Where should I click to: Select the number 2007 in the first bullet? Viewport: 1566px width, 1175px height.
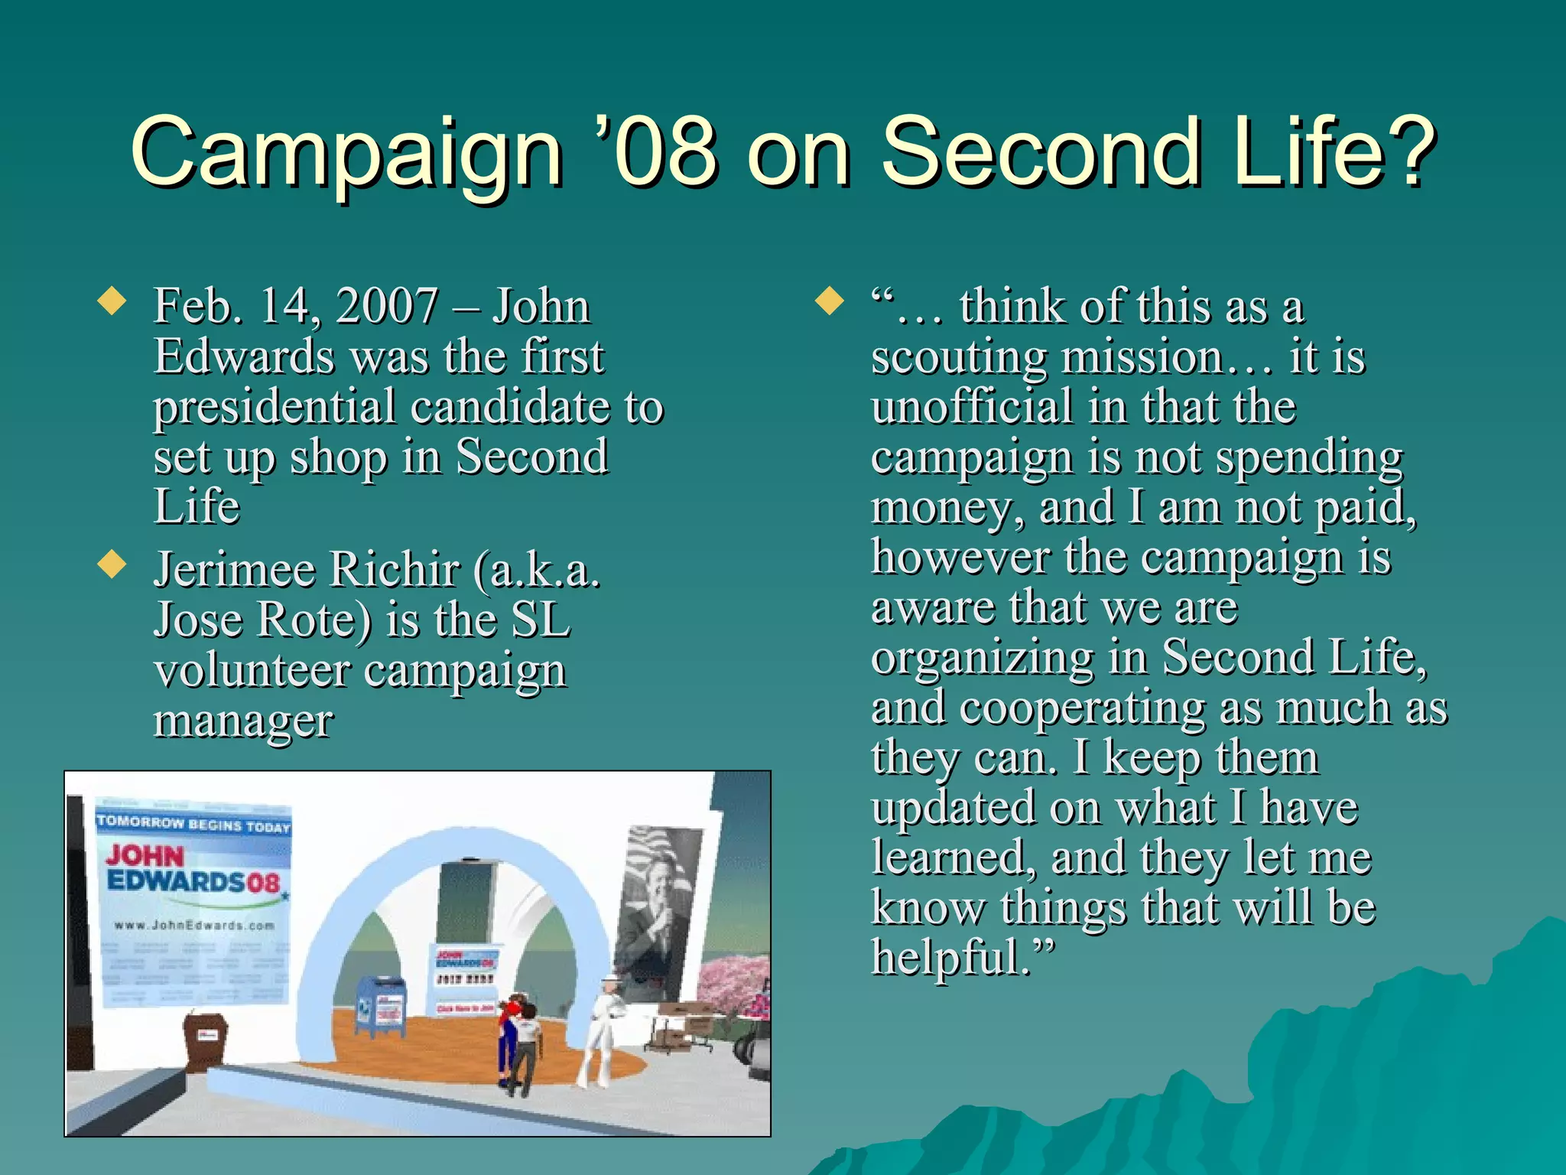tap(387, 306)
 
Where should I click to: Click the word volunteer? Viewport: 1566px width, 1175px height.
tap(251, 671)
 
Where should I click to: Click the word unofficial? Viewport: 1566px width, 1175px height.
tap(972, 406)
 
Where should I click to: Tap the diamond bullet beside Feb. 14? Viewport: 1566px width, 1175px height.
tap(112, 301)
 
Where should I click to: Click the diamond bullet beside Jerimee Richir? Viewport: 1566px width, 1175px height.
tap(112, 565)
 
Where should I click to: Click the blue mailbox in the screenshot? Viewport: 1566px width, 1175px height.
tap(381, 1007)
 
